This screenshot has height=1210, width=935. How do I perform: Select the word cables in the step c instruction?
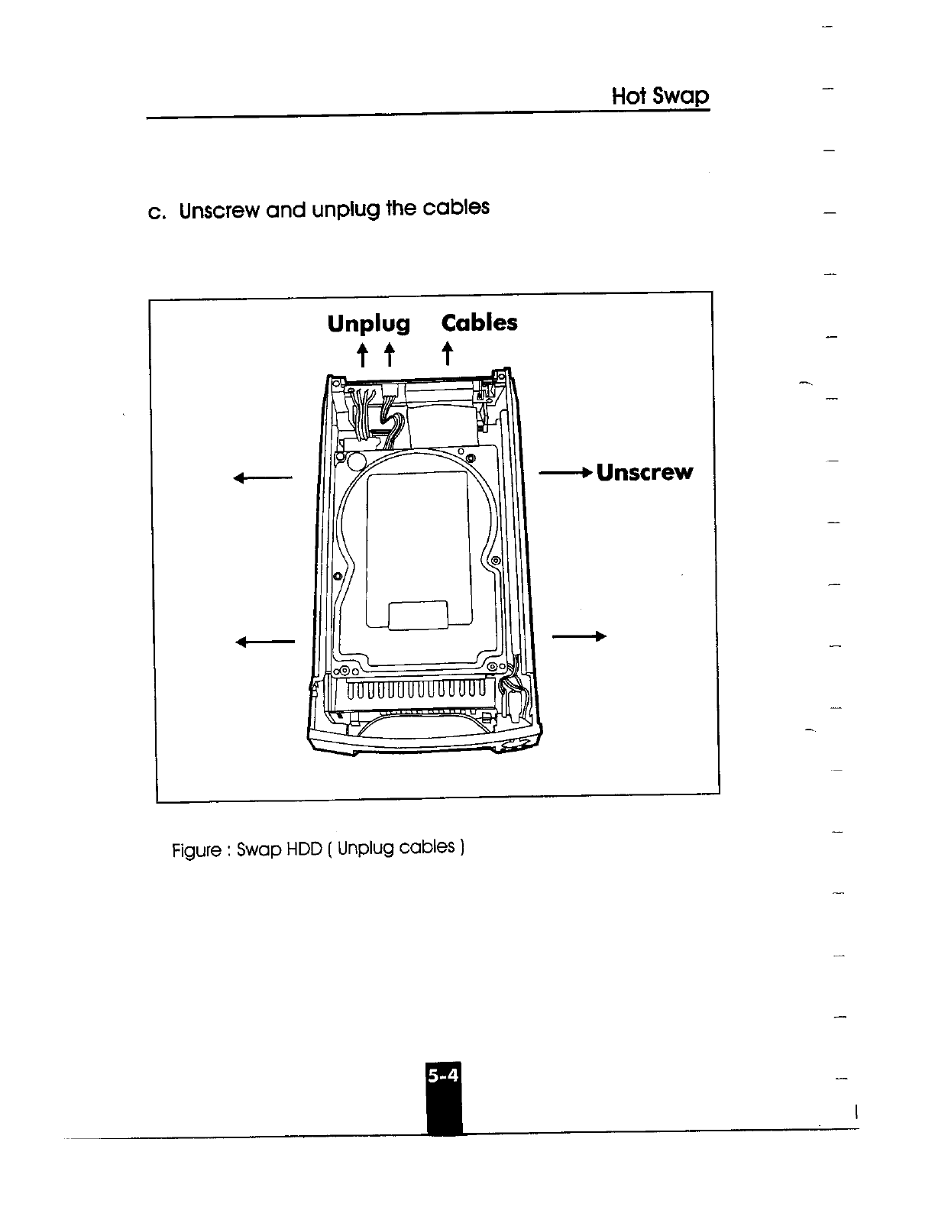click(x=456, y=208)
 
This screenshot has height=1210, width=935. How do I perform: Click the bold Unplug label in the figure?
click(x=368, y=324)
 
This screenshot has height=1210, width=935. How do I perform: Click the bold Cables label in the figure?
click(x=480, y=322)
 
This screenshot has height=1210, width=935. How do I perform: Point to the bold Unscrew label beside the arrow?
click(x=644, y=472)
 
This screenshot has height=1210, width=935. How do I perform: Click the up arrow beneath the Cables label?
click(x=448, y=354)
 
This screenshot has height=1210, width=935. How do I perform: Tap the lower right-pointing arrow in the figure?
click(x=578, y=636)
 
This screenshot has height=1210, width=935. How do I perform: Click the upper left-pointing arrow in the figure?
click(x=264, y=479)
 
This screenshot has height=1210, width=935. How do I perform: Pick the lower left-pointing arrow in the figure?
click(x=265, y=642)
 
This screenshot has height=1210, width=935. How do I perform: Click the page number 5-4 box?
click(x=444, y=1076)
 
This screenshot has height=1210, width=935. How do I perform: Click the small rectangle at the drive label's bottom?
click(x=418, y=616)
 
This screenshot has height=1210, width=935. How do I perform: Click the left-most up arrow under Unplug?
click(x=362, y=355)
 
